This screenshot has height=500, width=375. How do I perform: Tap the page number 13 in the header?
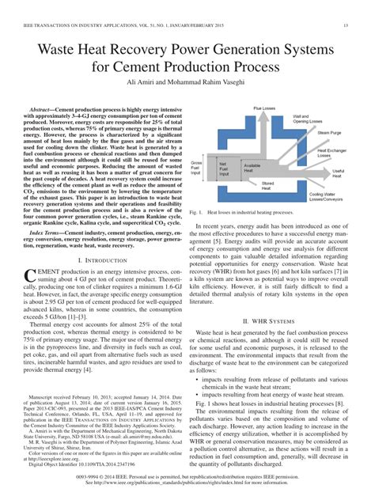tap(346, 25)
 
